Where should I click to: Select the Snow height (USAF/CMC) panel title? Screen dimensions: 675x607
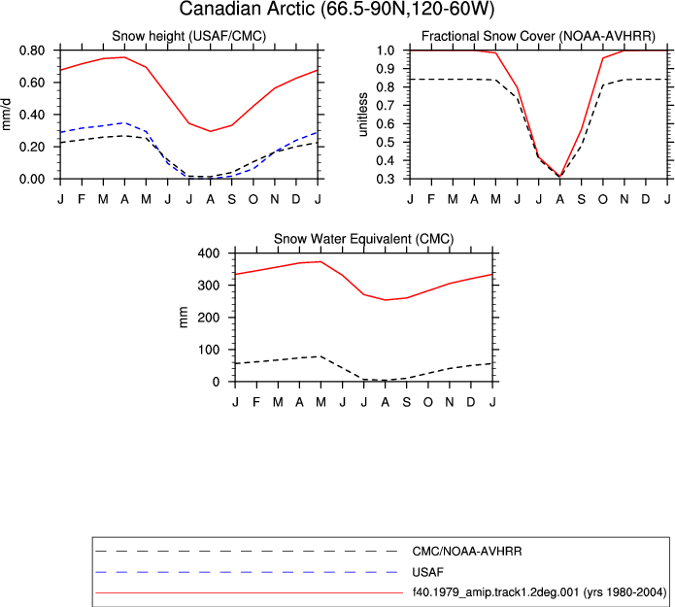click(189, 36)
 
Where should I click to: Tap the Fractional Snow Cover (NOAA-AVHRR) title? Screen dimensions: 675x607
click(538, 36)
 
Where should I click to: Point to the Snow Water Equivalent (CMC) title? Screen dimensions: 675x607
click(364, 239)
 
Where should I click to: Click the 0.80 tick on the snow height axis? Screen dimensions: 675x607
click(32, 51)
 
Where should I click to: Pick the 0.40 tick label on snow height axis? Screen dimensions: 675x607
click(32, 115)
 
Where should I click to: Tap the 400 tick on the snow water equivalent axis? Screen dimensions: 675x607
click(209, 253)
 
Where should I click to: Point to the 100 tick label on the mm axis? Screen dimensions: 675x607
click(209, 350)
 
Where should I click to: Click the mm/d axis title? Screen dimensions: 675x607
click(6, 115)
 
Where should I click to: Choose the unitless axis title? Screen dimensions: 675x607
click(362, 115)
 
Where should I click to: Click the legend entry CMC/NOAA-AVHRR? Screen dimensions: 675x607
click(467, 552)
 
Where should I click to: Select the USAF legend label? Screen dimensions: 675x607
click(427, 572)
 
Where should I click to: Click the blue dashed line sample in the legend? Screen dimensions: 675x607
click(247, 572)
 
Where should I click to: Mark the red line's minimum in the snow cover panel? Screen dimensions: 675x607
click(559, 176)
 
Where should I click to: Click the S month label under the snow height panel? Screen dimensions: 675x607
click(232, 199)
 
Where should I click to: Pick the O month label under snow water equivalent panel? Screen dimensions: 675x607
click(428, 402)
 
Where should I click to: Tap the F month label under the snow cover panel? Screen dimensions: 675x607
click(431, 199)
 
